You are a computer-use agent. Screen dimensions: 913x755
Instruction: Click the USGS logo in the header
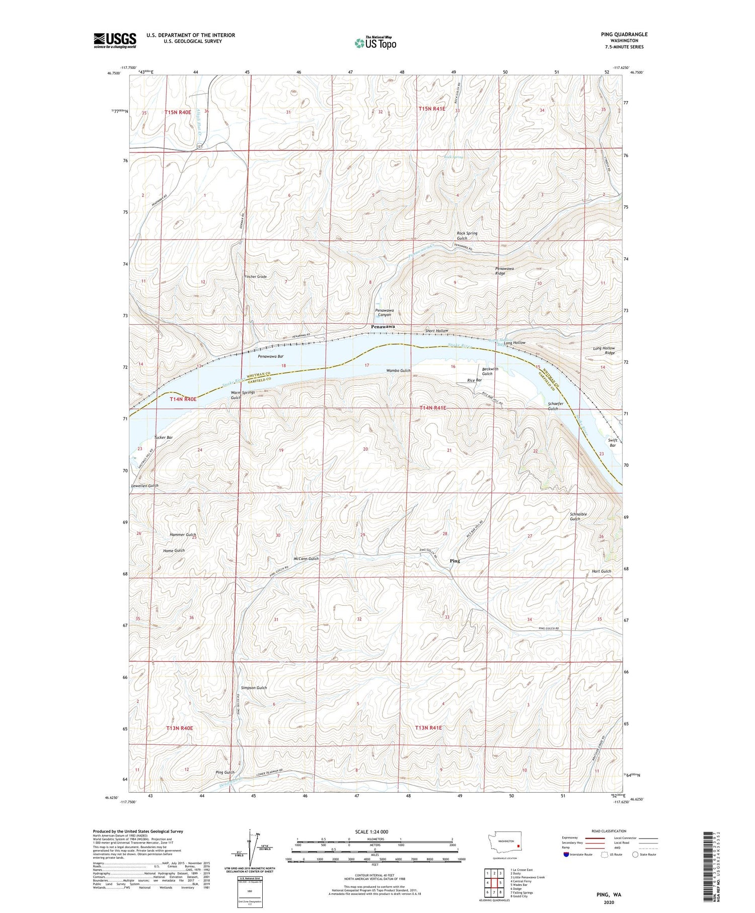tap(115, 40)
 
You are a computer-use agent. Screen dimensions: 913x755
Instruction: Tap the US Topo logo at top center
tap(375, 43)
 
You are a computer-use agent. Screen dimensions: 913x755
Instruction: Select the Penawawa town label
tap(383, 327)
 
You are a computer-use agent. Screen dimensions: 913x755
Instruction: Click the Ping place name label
tap(455, 560)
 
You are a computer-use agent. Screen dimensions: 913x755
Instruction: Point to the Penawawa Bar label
tap(270, 356)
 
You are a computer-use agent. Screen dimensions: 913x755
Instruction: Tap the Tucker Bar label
tap(164, 437)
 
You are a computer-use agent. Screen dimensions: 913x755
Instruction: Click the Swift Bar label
tap(613, 443)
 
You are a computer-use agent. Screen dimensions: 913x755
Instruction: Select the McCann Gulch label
tap(306, 558)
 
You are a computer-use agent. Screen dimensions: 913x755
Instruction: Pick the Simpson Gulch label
tap(254, 687)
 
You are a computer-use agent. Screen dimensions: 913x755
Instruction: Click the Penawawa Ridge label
tap(504, 271)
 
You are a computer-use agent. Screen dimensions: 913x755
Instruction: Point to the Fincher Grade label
tap(255, 276)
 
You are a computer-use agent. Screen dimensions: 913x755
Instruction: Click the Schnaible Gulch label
tap(578, 516)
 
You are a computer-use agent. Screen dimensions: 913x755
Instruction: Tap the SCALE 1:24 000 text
tap(371, 831)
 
